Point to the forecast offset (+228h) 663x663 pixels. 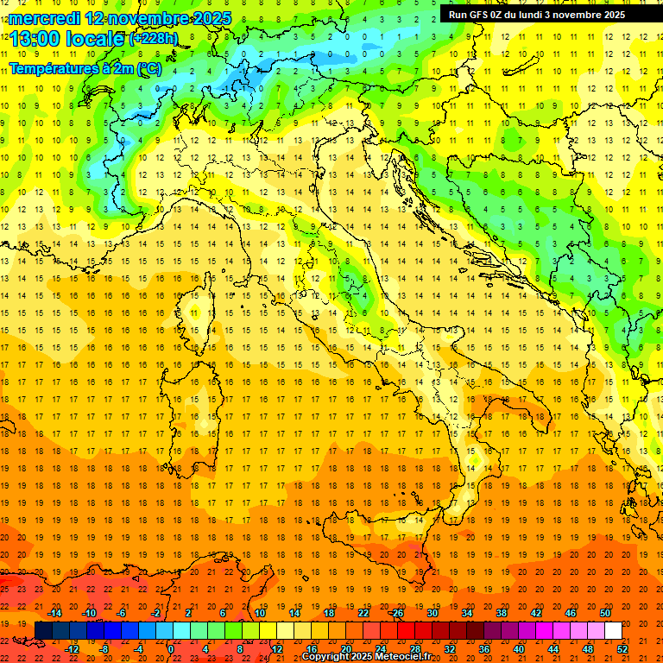(153, 39)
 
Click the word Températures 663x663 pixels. (53, 67)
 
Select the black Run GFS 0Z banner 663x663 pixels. (543, 15)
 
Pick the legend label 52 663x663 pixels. (622, 649)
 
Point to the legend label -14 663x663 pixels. (55, 613)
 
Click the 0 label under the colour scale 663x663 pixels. (171, 649)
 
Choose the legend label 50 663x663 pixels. (605, 613)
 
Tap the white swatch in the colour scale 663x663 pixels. (613, 631)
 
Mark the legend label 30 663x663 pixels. (433, 613)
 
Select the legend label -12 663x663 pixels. (73, 649)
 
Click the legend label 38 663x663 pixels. (502, 613)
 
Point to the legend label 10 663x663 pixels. (260, 613)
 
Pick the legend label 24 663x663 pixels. (381, 649)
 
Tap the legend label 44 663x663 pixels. (553, 649)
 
